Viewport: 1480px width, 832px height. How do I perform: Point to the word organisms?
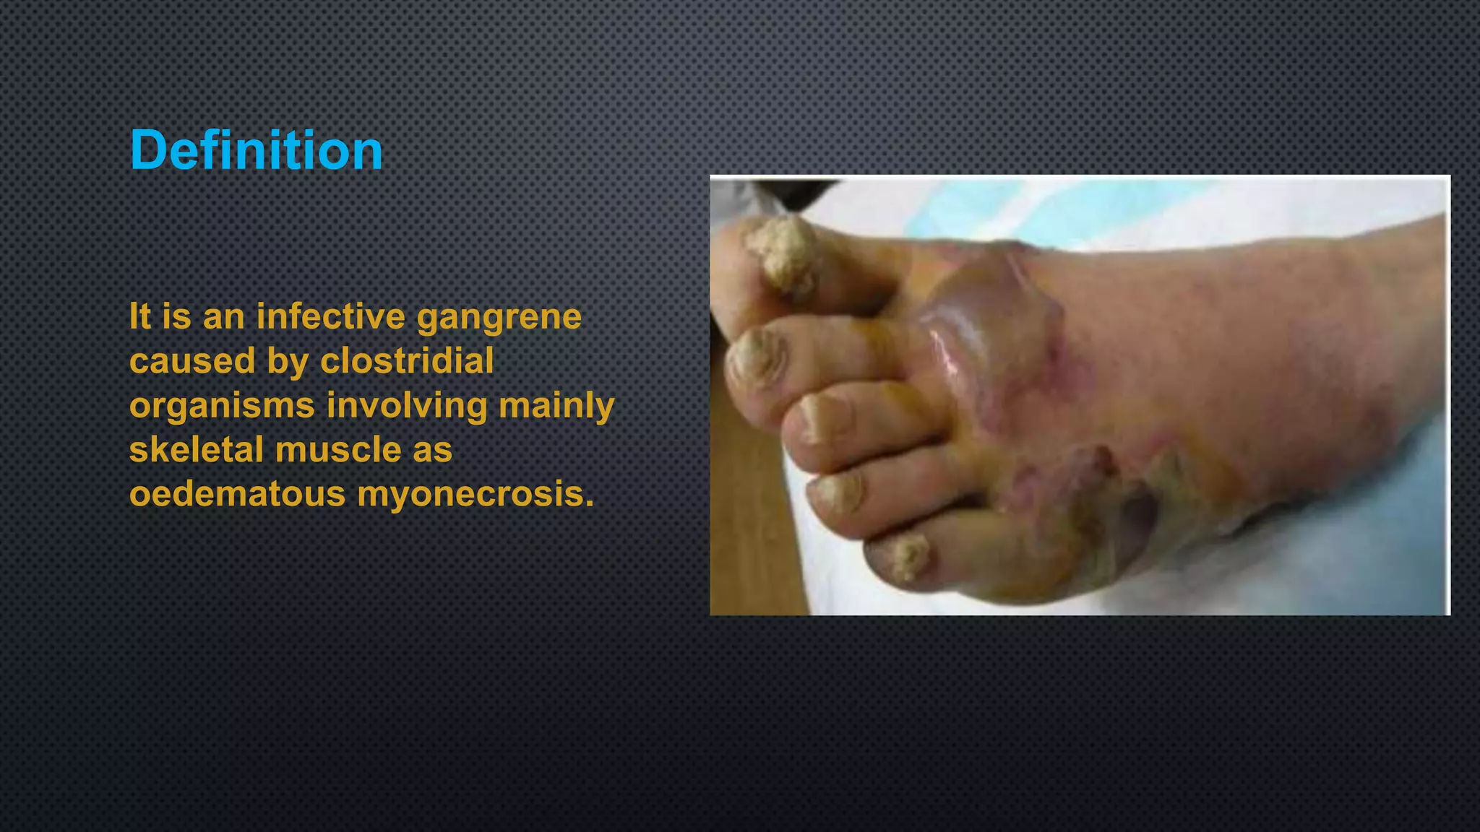click(222, 406)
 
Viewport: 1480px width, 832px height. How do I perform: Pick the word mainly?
click(556, 406)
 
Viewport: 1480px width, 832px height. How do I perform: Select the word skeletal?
click(196, 450)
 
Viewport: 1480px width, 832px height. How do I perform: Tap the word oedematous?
click(237, 494)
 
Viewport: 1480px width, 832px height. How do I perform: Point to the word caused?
click(192, 360)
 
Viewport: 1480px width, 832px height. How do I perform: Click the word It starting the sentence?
click(139, 316)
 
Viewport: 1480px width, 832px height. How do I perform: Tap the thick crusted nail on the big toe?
click(784, 253)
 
